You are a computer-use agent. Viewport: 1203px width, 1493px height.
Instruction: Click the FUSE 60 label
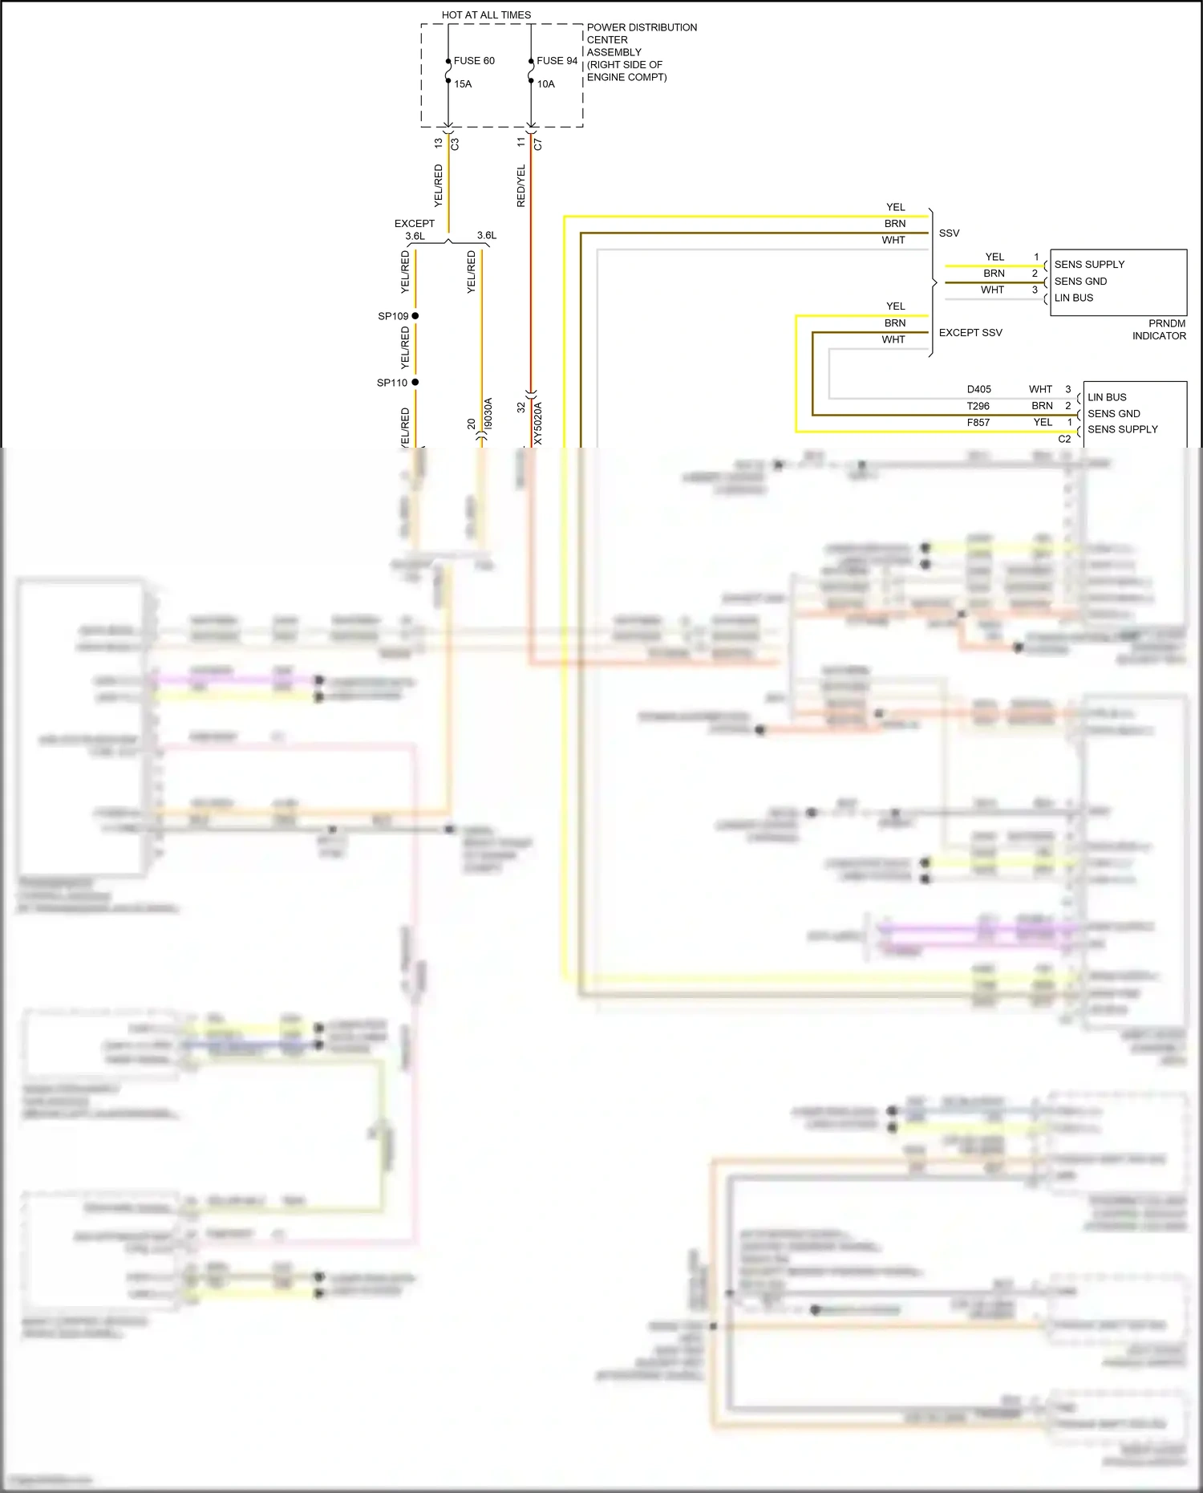(474, 61)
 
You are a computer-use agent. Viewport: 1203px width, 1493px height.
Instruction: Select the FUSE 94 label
(557, 61)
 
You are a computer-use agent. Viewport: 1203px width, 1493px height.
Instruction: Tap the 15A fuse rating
(463, 84)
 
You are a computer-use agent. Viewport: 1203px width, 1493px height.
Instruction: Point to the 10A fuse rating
(545, 84)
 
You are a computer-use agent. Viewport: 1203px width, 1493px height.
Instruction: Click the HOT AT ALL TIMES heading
(486, 15)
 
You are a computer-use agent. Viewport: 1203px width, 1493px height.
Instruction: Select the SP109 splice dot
(415, 316)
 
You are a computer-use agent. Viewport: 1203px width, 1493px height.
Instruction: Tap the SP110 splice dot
(415, 383)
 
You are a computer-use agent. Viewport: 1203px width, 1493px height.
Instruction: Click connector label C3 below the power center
(455, 144)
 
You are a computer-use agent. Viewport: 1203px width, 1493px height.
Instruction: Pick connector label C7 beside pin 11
(538, 144)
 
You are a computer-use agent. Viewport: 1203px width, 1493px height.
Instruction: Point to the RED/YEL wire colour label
(521, 186)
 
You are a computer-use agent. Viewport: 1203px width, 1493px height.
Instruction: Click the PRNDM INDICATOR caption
(1159, 330)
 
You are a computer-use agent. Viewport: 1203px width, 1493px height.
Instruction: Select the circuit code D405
(978, 390)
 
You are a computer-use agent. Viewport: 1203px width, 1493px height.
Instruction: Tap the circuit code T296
(978, 407)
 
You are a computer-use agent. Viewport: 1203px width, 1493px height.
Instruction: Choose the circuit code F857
(978, 423)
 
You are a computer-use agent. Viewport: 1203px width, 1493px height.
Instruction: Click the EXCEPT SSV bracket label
(970, 333)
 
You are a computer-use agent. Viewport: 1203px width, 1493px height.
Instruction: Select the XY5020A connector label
(538, 424)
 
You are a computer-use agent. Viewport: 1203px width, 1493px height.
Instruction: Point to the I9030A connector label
(488, 414)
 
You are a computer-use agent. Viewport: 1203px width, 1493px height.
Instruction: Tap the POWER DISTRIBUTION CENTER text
(641, 34)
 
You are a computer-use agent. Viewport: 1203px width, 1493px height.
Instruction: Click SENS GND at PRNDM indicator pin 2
(1080, 282)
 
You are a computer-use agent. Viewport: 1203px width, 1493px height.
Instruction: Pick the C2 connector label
(1064, 440)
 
